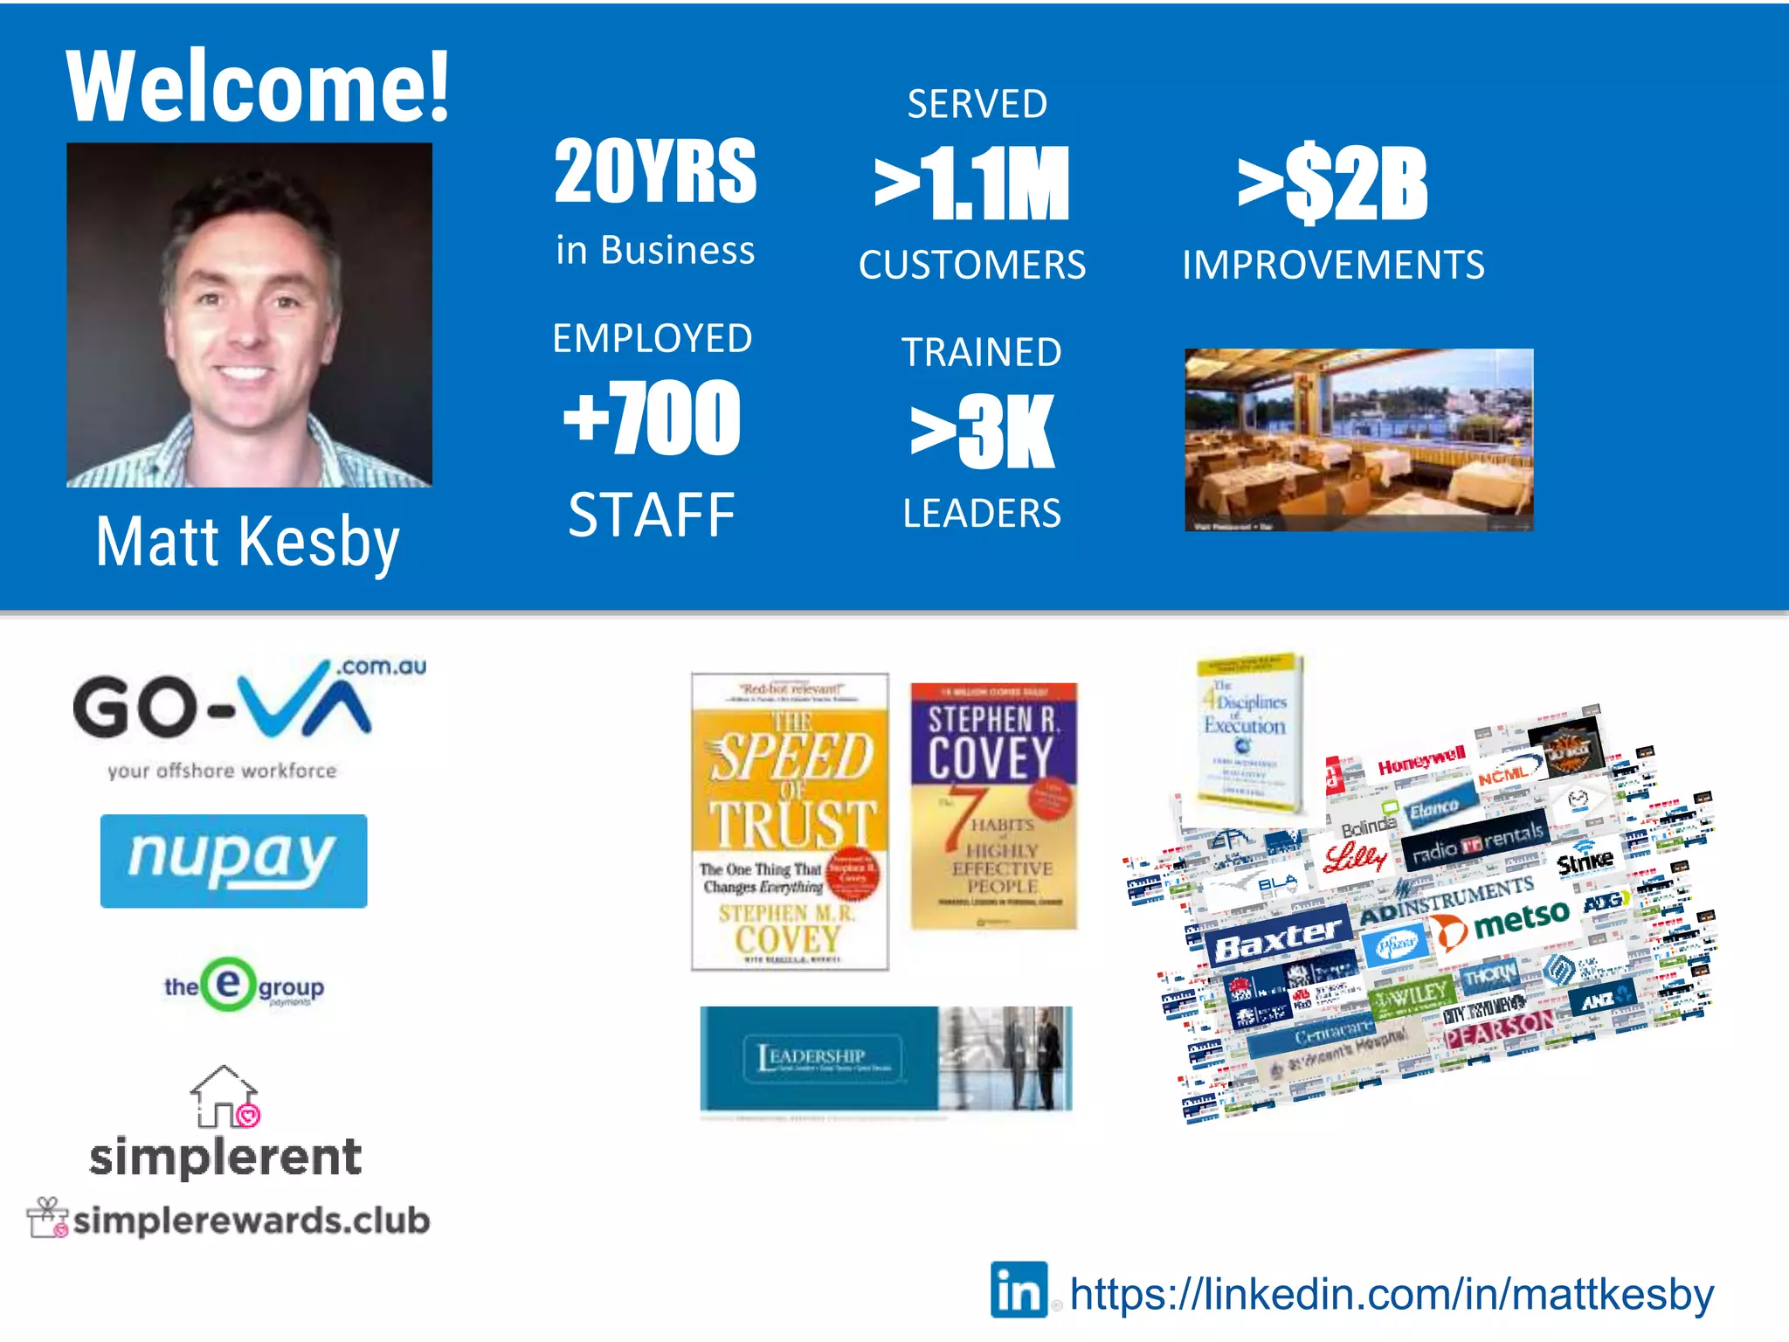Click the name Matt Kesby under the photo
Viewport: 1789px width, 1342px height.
pyautogui.click(x=248, y=542)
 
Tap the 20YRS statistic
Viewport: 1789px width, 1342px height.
pyautogui.click(x=655, y=171)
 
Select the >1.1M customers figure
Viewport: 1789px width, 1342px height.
pyautogui.click(x=972, y=184)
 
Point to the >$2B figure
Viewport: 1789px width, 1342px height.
pyautogui.click(x=1333, y=184)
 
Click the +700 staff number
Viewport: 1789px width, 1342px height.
pyautogui.click(x=653, y=419)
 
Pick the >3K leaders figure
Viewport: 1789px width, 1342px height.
pyautogui.click(x=983, y=432)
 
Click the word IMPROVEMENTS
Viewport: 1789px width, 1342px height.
pyautogui.click(x=1333, y=265)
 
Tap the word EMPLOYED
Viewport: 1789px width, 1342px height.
pyautogui.click(x=653, y=338)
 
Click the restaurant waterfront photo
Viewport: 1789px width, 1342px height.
pyautogui.click(x=1358, y=439)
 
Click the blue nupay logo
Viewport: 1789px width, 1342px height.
pyautogui.click(x=233, y=861)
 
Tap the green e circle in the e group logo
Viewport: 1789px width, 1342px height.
pyautogui.click(x=228, y=985)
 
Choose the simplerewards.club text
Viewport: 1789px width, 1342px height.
pyautogui.click(x=252, y=1221)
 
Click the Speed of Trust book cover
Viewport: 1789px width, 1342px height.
pyautogui.click(x=790, y=821)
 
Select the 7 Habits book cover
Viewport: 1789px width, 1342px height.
pyautogui.click(x=993, y=806)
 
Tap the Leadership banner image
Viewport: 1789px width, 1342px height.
pyautogui.click(x=886, y=1058)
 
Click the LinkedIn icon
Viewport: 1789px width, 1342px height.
pyautogui.click(x=1019, y=1290)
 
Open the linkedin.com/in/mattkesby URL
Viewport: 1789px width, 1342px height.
pyautogui.click(x=1392, y=1294)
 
